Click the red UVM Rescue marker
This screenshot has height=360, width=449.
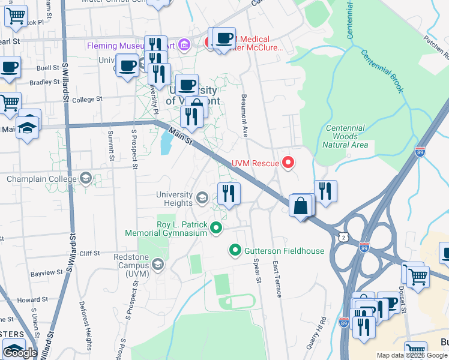[289, 163]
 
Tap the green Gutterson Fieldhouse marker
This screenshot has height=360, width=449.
[235, 250]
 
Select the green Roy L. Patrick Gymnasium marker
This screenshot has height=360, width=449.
[216, 227]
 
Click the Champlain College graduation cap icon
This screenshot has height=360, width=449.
[86, 178]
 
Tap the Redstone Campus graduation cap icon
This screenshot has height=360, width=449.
[158, 265]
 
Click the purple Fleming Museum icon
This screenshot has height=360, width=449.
[184, 45]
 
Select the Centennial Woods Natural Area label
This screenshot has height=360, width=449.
[345, 136]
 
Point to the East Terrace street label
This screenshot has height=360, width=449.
[277, 279]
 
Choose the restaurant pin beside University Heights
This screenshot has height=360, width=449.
[228, 193]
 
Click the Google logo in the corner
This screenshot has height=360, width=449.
[20, 353]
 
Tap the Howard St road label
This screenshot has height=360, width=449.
[28, 299]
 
